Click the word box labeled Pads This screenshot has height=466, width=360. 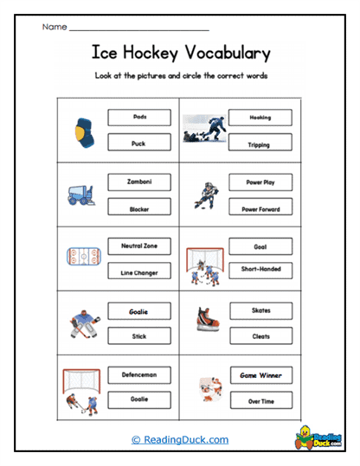(139, 117)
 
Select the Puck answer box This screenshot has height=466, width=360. (139, 144)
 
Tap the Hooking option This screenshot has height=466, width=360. (260, 117)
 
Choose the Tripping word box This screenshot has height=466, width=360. (260, 144)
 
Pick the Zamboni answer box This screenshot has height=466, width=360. (139, 182)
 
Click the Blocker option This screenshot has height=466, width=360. (139, 208)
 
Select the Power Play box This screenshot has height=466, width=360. (260, 182)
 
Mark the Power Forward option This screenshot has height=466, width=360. (260, 208)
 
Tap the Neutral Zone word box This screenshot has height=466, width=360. (139, 246)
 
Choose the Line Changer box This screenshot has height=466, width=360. (139, 272)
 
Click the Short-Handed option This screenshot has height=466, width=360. (260, 270)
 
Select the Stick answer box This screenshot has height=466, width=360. (139, 336)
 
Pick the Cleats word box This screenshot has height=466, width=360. (260, 336)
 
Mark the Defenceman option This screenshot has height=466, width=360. (139, 375)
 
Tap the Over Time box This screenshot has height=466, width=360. (260, 402)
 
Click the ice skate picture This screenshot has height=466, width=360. (205, 322)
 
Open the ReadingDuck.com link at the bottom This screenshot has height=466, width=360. (180, 440)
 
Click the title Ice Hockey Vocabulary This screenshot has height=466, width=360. (180, 54)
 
